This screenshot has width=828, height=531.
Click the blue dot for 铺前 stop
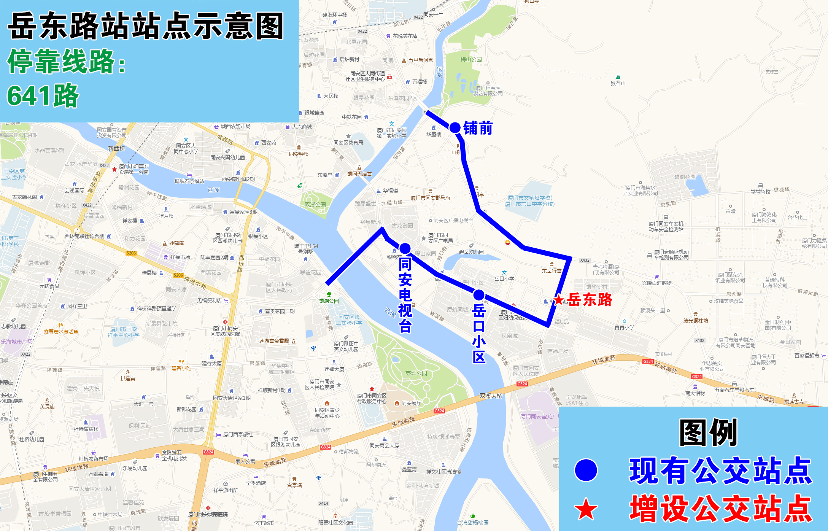click(455, 128)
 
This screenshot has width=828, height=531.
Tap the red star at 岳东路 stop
click(558, 300)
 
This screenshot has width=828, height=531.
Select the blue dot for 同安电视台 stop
click(405, 248)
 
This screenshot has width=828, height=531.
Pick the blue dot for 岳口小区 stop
click(479, 295)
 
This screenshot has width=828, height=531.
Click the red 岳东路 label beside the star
click(590, 300)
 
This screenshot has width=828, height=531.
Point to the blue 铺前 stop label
click(478, 128)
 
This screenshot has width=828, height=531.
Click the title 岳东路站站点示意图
click(146, 26)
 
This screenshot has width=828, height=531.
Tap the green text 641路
click(43, 95)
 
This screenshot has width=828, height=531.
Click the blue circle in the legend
click(586, 470)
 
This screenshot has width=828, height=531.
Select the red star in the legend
click(586, 509)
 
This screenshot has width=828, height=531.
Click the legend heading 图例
click(708, 432)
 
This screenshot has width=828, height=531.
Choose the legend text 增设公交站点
click(721, 509)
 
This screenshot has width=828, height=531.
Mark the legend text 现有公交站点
click(721, 471)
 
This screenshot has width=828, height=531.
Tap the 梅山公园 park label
click(471, 59)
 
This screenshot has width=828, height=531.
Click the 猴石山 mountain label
click(618, 83)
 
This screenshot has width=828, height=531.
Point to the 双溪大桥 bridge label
click(491, 396)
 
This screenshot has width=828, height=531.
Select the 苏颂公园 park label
click(416, 373)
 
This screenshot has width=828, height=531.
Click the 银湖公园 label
click(329, 301)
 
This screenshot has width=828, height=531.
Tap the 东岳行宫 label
click(551, 271)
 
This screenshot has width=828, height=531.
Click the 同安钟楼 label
click(299, 154)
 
